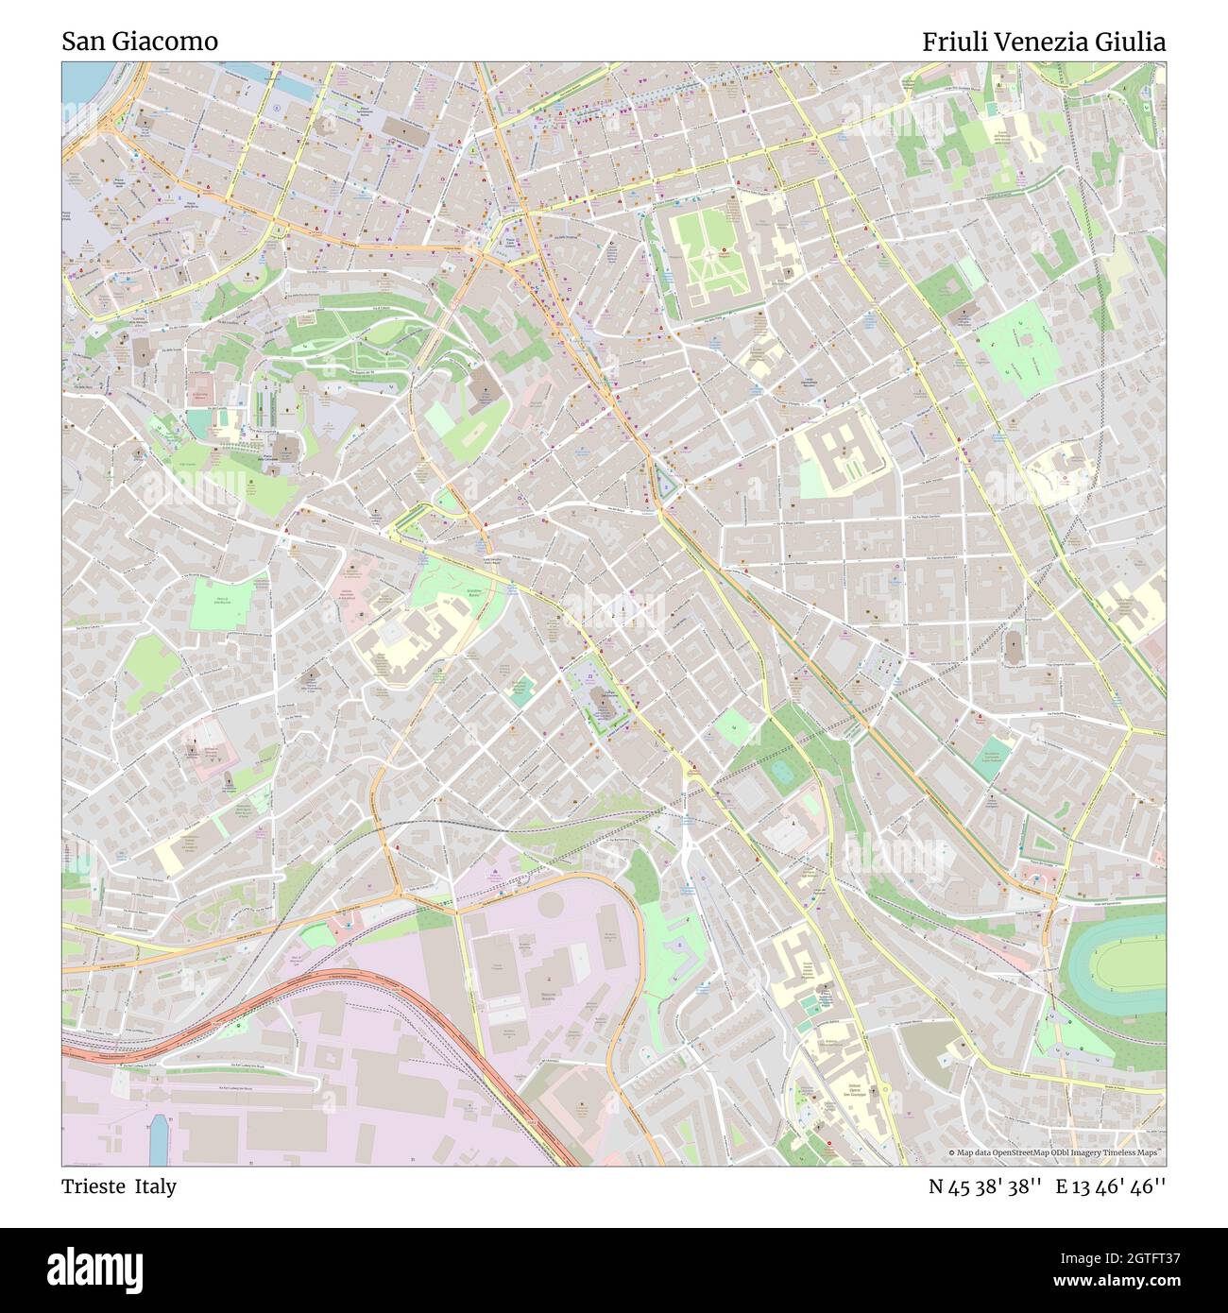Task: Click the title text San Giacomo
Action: click(140, 42)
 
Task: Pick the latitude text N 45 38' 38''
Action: click(985, 1186)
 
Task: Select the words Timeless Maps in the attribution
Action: click(1134, 1152)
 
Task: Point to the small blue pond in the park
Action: click(783, 771)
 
